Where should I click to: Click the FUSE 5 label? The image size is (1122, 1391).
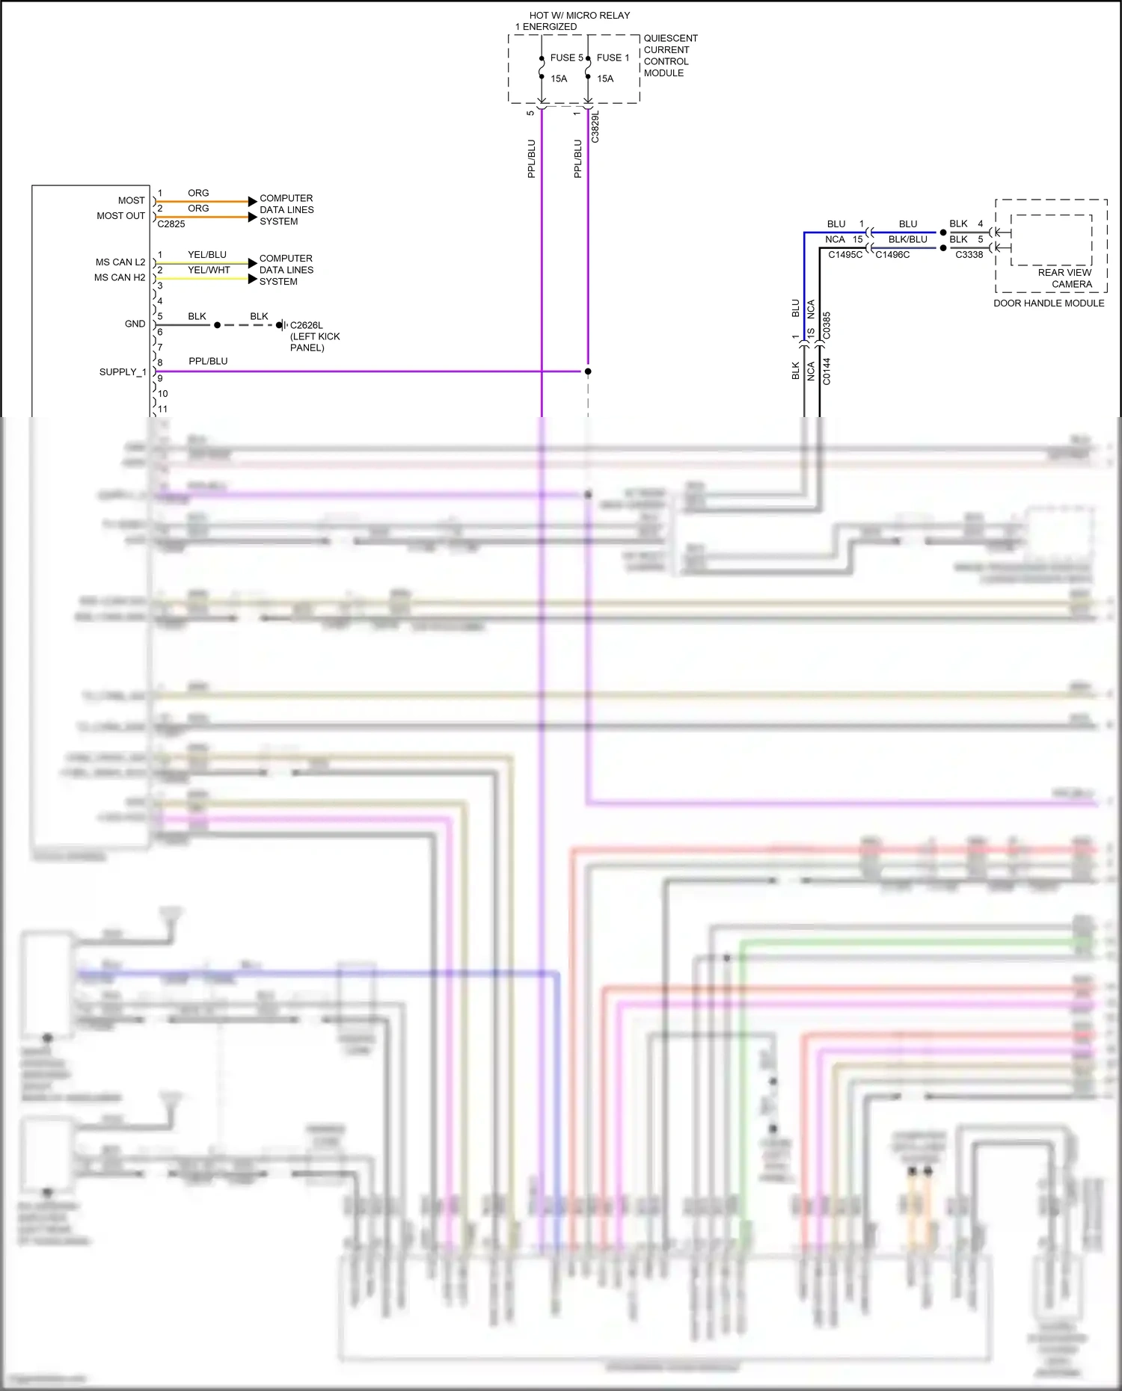point(566,58)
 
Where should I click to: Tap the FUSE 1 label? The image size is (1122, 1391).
point(613,58)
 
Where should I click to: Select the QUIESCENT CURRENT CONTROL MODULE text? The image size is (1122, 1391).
point(669,55)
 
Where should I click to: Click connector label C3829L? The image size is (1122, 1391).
point(595,127)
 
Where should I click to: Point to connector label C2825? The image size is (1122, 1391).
point(171,224)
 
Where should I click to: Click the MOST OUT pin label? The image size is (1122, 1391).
point(120,216)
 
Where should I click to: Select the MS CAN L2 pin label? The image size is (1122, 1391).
point(120,262)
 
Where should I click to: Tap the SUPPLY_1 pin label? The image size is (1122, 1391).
point(123,372)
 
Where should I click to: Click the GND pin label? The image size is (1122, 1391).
point(135,324)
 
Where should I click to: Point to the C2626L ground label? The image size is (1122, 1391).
point(306,325)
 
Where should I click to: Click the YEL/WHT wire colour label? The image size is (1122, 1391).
point(209,270)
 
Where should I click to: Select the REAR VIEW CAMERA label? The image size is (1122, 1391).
point(1064,278)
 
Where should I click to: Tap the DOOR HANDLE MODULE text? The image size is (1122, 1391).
point(1048,303)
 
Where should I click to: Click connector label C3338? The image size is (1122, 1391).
point(969,255)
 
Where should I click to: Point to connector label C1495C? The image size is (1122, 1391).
point(844,255)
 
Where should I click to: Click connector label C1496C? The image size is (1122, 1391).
point(892,255)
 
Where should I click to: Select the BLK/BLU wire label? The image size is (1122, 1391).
point(907,239)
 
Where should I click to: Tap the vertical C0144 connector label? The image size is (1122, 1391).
point(827,371)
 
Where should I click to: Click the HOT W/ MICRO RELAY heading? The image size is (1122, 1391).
point(579,16)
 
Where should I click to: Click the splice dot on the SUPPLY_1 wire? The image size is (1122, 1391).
point(588,371)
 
